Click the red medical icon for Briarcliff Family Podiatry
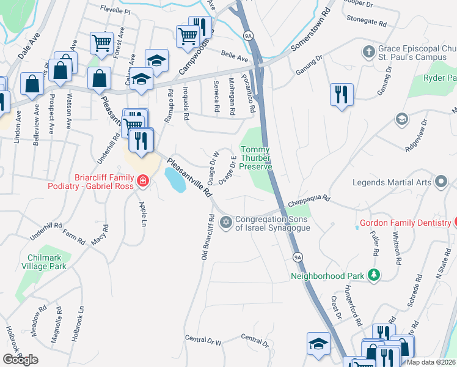tap(142, 180)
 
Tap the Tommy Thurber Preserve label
tap(255, 158)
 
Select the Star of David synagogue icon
tap(226, 221)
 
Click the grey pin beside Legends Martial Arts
tap(441, 182)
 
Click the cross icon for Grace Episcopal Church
tap(368, 51)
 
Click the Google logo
tap(20, 359)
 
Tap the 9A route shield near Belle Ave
tap(247, 36)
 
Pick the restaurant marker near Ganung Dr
tap(342, 95)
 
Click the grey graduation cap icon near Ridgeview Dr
tap(401, 118)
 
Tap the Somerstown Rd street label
tap(310, 30)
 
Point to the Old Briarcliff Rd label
tap(206, 237)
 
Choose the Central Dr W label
tap(202, 339)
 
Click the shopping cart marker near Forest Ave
tap(101, 43)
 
